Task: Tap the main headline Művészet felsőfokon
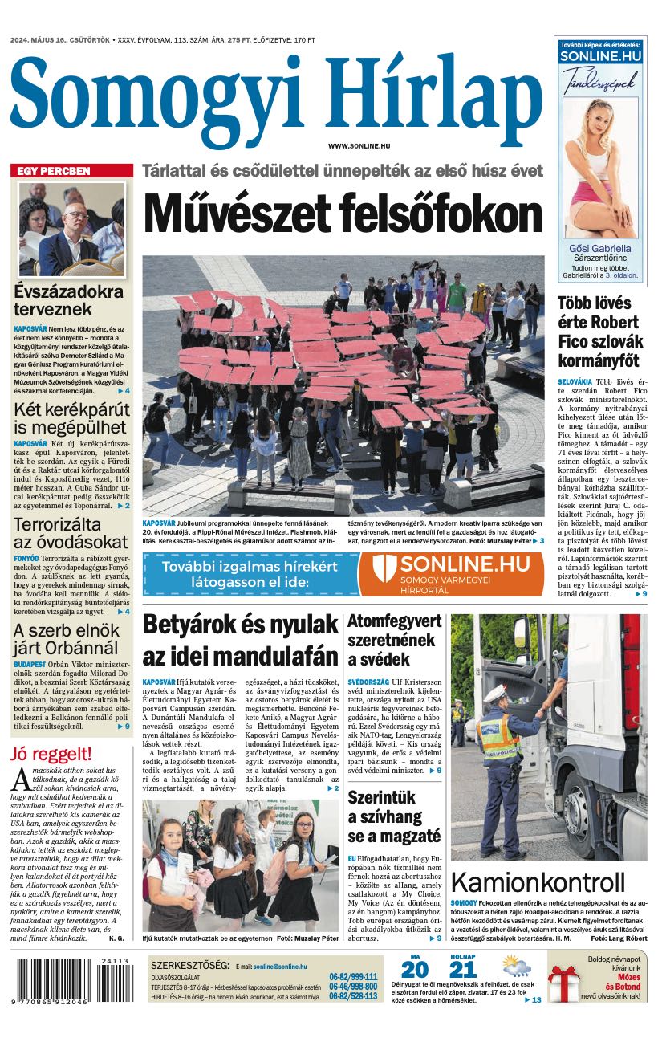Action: coord(343,214)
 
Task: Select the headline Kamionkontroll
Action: coord(538,882)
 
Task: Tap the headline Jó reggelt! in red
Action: coord(51,754)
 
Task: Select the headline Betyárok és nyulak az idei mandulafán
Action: coord(240,640)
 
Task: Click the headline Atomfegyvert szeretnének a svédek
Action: coord(394,640)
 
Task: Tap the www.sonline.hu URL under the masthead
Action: coord(359,145)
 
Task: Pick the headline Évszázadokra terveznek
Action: coord(68,299)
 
